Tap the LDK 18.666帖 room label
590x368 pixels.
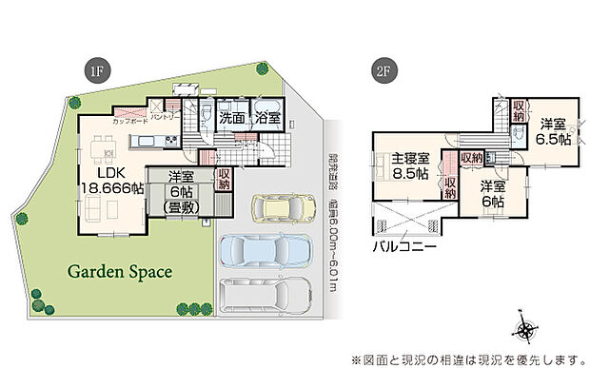pos(111,181)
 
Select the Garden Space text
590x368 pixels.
pos(119,272)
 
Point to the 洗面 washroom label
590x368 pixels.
pos(231,119)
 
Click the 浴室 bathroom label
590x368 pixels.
pos(267,119)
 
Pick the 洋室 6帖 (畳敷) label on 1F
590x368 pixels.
pos(181,189)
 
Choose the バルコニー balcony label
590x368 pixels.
pos(404,245)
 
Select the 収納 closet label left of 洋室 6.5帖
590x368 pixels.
pos(519,110)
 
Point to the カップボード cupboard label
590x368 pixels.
pos(128,122)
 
